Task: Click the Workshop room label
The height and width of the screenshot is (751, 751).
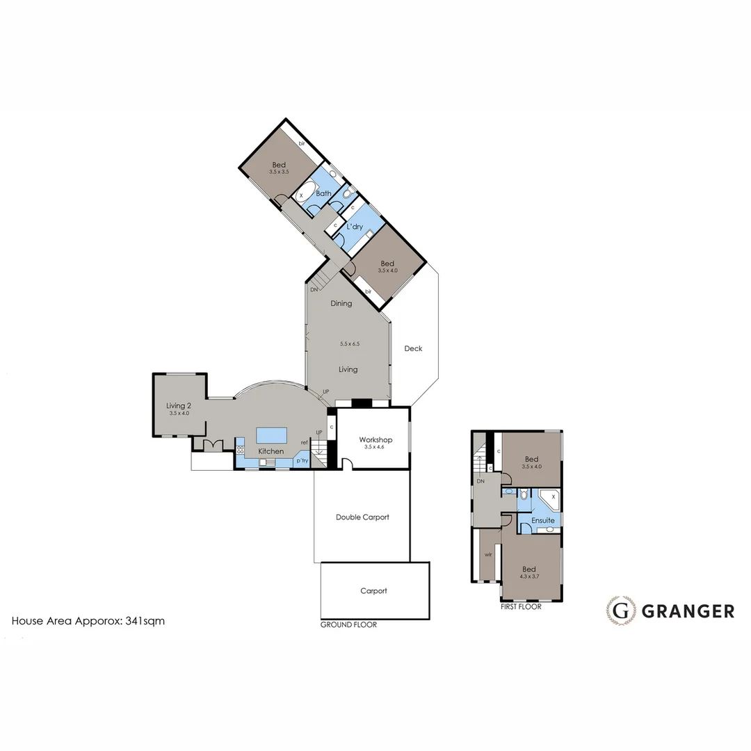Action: point(375,439)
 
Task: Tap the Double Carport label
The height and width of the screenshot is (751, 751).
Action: point(362,517)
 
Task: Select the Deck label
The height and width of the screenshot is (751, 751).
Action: point(413,348)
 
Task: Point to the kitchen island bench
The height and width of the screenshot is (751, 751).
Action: point(272,435)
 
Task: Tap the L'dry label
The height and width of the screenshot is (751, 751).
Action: point(355,227)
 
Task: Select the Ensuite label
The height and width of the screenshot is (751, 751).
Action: point(542,520)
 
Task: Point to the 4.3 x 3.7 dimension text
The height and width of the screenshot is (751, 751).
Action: point(531,576)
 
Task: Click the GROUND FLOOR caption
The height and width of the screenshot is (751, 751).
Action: point(348,624)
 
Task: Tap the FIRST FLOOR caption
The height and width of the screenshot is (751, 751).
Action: point(521,606)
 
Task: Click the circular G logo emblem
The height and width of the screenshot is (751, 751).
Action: point(620,611)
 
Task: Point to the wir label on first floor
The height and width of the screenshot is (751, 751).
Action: point(488,554)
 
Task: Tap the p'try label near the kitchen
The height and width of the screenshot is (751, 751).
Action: point(302,460)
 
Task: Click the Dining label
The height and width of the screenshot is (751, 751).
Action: point(341,303)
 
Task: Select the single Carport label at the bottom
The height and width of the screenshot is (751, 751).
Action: point(373,591)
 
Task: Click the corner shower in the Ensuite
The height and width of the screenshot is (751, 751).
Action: point(551,498)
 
